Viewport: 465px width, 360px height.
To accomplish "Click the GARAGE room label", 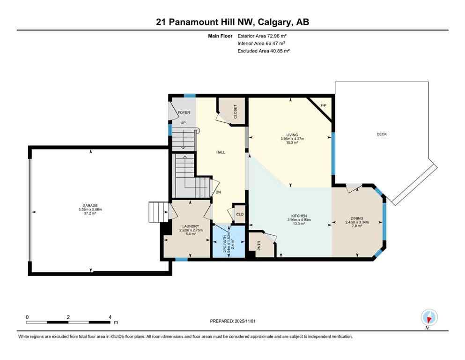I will (x=90, y=205).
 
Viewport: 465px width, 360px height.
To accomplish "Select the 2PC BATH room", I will (x=228, y=241).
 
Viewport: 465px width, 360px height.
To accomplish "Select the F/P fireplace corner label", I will (x=323, y=105).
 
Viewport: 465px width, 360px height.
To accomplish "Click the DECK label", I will (x=382, y=135).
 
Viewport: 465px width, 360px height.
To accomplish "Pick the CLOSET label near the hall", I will (x=235, y=111).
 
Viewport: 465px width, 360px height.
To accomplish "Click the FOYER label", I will (x=184, y=112).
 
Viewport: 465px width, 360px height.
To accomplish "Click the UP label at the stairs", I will (x=184, y=123).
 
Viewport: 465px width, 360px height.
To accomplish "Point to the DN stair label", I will (x=218, y=192).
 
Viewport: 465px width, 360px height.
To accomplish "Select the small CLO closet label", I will (x=239, y=214).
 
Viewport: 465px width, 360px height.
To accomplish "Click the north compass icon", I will (x=429, y=317).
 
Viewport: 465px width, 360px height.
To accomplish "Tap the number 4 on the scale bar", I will (x=110, y=317).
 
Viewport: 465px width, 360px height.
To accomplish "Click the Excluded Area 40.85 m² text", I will (x=264, y=51).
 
